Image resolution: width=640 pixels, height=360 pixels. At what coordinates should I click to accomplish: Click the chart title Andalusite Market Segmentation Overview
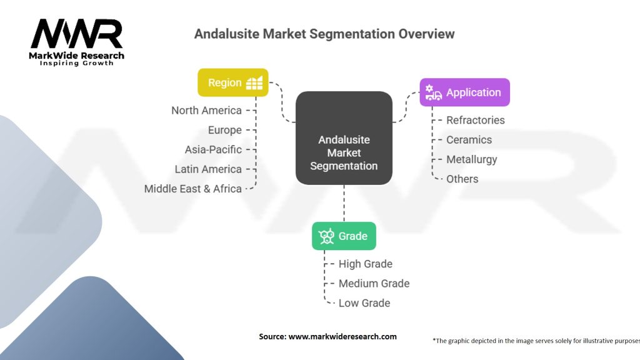(324, 34)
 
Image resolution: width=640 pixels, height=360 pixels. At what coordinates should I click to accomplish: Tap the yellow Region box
(233, 82)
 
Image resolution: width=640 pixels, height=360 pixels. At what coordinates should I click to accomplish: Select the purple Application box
(464, 92)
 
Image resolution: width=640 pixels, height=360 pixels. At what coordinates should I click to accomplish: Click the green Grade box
(344, 236)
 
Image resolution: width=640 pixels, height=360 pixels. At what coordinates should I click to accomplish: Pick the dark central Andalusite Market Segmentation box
(344, 138)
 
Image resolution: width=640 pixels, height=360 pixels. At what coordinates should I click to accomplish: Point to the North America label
(206, 111)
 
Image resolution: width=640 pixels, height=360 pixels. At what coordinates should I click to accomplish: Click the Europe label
(224, 130)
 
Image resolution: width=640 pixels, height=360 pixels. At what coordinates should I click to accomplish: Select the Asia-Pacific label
(213, 149)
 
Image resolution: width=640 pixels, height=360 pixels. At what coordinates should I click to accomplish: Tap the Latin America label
(208, 169)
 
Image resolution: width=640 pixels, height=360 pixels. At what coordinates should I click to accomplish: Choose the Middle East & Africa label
(192, 188)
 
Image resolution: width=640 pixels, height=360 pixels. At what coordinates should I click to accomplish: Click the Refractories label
(475, 120)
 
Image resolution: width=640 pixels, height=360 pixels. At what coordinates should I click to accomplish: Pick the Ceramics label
(469, 139)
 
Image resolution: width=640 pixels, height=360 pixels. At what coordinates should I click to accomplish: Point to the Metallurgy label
(471, 159)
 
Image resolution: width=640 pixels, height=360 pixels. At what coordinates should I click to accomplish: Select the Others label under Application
(462, 179)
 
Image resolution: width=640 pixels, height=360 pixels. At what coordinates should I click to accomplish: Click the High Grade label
(365, 264)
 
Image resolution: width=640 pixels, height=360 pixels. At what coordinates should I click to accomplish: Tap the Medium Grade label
(374, 283)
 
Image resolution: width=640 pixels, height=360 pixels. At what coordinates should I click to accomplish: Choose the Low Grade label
(364, 303)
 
